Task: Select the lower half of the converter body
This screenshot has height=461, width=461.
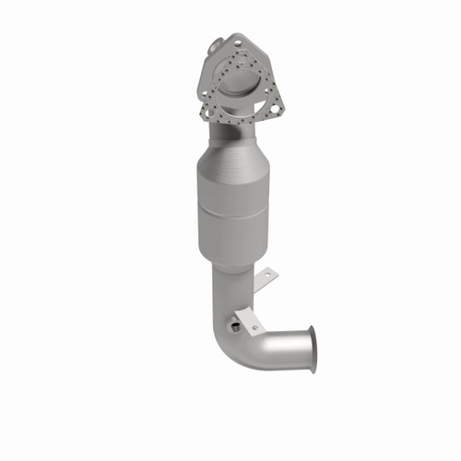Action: coord(230,238)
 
